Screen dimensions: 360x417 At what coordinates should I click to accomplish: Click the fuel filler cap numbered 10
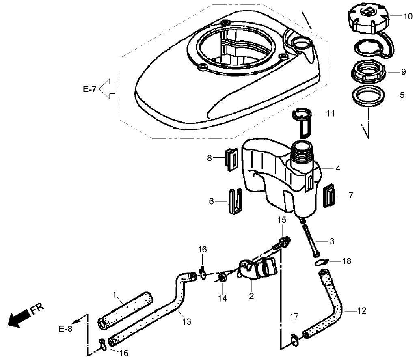click(x=367, y=18)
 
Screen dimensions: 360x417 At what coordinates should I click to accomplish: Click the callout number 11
click(x=331, y=114)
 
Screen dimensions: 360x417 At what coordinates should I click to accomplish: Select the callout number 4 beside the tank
click(x=338, y=168)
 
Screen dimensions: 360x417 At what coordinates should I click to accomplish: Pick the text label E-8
click(x=65, y=329)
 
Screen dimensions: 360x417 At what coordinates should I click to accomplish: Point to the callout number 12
click(x=362, y=311)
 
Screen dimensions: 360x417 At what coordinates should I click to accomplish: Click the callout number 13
click(x=186, y=322)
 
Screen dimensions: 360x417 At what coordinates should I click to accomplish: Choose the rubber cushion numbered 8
click(x=231, y=159)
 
